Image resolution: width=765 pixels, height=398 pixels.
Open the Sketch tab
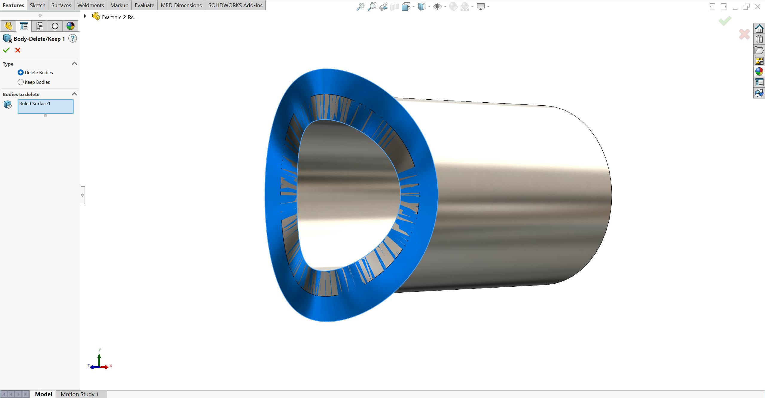point(37,5)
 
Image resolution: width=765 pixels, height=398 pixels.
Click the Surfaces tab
point(61,5)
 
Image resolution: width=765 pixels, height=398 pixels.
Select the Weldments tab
point(90,5)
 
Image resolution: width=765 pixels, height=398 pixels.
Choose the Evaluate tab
point(144,5)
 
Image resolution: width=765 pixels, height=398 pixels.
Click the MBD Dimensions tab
point(181,5)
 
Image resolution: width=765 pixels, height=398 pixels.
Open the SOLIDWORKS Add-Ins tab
point(235,5)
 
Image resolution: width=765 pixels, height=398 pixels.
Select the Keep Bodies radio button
point(21,82)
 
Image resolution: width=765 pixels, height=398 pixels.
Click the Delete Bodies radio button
point(21,72)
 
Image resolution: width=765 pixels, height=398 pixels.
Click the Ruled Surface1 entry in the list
point(35,104)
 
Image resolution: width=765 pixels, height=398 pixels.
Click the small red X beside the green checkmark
point(18,50)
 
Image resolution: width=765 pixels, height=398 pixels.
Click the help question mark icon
point(73,39)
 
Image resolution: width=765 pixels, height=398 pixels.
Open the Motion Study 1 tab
point(80,394)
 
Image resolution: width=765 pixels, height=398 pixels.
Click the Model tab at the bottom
point(43,394)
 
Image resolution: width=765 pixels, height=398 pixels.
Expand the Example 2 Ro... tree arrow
point(85,16)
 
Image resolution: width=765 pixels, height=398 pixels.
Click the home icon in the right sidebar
point(759,29)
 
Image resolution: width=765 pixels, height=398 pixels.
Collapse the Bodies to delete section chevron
point(74,94)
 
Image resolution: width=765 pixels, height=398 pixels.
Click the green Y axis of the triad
point(99,359)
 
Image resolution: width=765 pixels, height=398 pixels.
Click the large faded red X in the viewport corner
point(744,34)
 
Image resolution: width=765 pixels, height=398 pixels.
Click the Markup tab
point(119,5)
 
